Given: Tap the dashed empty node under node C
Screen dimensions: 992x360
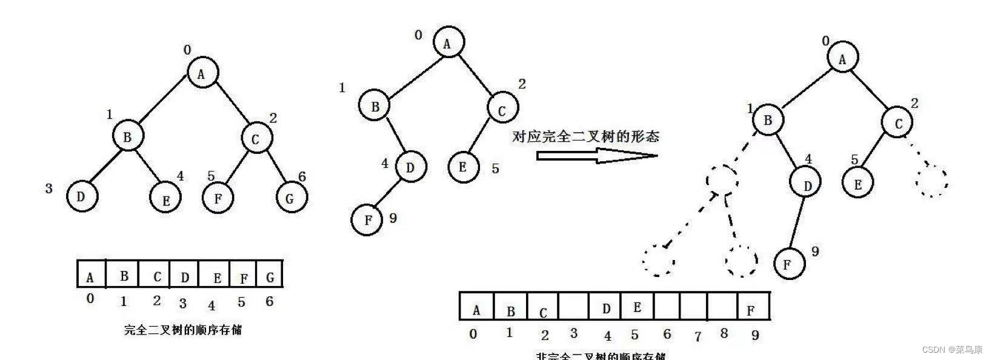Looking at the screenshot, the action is (x=931, y=180).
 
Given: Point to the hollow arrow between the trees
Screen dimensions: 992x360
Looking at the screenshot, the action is (x=596, y=156).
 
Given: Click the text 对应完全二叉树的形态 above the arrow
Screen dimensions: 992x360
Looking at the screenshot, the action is (x=585, y=136).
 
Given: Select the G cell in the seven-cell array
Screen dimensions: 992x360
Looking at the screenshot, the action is (x=270, y=275).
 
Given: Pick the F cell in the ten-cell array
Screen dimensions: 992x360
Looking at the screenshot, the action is (x=751, y=307).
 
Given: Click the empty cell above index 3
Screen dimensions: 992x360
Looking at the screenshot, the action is (x=574, y=307).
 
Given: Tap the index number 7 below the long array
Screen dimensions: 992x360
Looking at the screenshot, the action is (x=697, y=335).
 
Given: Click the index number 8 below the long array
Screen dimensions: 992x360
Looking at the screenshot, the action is (x=724, y=333).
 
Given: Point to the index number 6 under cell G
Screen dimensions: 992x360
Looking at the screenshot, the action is (x=269, y=301).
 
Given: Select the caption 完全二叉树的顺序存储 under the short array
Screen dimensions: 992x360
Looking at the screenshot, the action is (x=183, y=330).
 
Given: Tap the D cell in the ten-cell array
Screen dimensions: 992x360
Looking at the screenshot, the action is (x=606, y=307).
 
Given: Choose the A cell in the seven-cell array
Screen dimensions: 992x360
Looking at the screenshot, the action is (x=91, y=275).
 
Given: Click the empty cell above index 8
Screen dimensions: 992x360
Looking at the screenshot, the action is (x=722, y=307).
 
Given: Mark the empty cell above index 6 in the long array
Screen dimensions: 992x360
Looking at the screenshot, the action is (x=667, y=307).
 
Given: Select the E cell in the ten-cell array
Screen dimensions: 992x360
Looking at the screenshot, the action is (x=636, y=307).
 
